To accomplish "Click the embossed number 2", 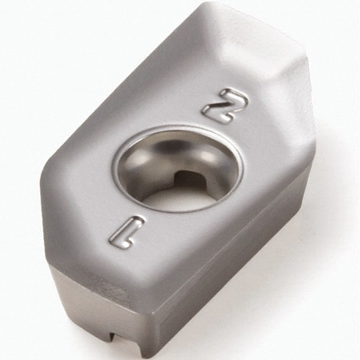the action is pos(224,105).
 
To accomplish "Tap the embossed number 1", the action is pos(127,232).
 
